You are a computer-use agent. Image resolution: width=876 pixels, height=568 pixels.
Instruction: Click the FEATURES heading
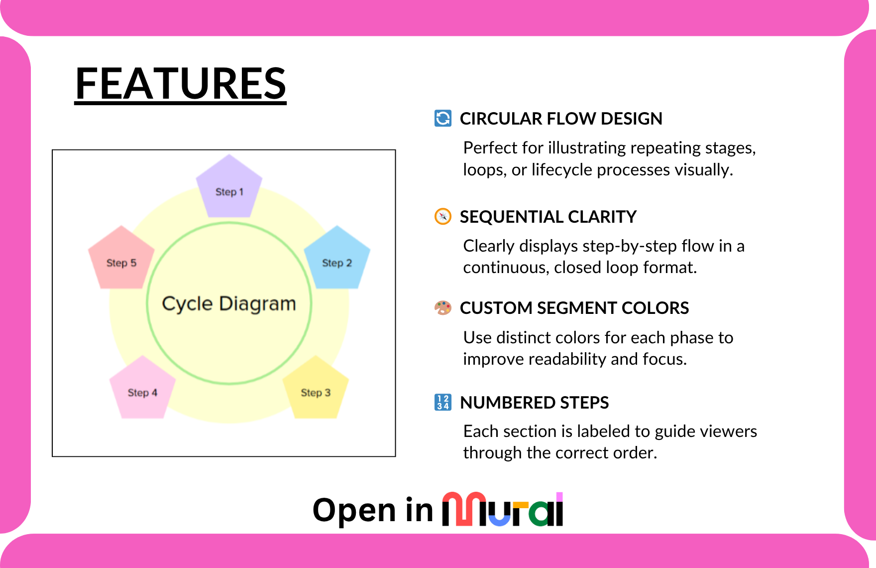[x=180, y=84]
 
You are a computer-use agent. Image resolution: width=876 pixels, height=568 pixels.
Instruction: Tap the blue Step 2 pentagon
[x=337, y=260]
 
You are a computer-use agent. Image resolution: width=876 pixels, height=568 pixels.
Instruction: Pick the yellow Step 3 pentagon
[x=316, y=390]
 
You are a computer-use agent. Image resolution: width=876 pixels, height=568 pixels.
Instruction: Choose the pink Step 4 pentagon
[x=142, y=390]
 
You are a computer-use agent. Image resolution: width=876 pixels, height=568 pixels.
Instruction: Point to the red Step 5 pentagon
[x=121, y=260]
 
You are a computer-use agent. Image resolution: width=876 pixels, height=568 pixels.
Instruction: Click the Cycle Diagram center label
[x=229, y=303]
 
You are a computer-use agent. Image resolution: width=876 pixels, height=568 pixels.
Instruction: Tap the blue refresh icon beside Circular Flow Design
[x=443, y=119]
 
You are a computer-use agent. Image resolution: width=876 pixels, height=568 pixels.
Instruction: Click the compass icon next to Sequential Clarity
[x=443, y=217]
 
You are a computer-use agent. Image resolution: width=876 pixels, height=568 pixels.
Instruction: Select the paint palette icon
[x=443, y=308]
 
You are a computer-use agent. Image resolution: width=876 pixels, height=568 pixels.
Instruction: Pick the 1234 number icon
[x=443, y=402]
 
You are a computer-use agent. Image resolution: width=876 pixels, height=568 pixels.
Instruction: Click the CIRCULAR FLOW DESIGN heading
[x=561, y=119]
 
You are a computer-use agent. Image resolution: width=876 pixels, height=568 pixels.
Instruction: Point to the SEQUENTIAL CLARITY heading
[x=548, y=217]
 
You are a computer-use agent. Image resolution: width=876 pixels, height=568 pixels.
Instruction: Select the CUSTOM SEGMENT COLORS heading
[x=574, y=308]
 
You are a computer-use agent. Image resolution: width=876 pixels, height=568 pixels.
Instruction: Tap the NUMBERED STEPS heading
[x=535, y=403]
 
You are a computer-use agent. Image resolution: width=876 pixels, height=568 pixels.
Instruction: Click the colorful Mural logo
[x=503, y=510]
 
